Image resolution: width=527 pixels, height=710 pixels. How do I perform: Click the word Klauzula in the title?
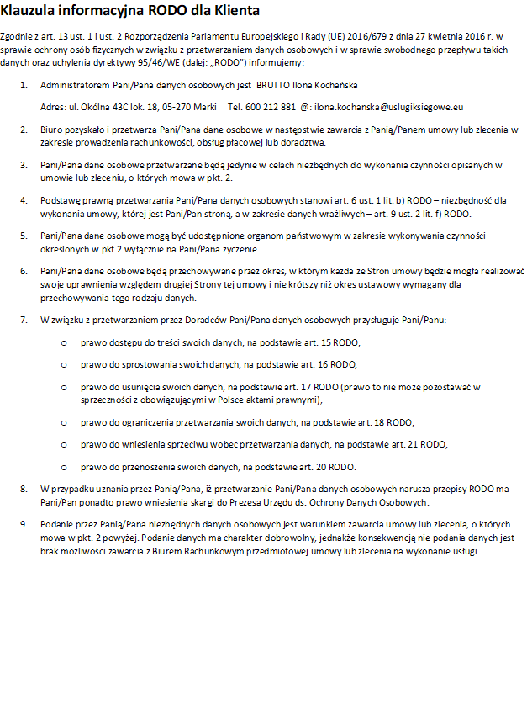29,11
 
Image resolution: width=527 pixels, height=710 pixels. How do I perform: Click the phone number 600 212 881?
269,108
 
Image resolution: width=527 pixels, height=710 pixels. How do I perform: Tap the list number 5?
24,237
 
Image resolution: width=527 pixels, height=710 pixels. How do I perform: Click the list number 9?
24,524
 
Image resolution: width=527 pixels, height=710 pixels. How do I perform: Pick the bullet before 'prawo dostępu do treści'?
64,343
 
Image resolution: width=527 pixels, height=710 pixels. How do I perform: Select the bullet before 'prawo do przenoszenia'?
64,466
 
